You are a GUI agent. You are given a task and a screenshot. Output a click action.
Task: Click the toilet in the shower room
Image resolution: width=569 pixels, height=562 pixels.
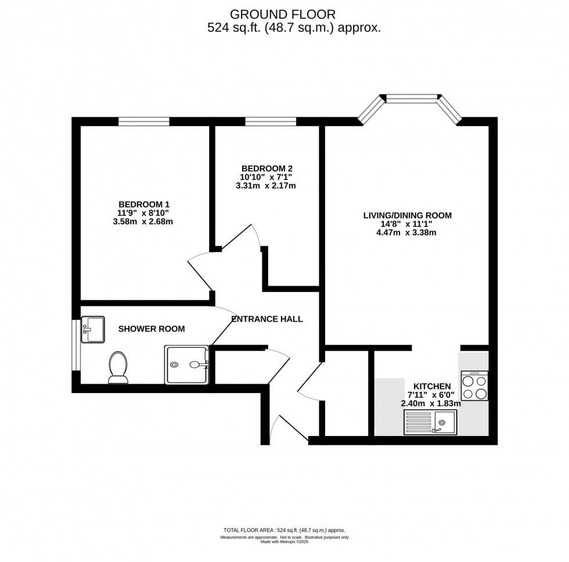(118, 368)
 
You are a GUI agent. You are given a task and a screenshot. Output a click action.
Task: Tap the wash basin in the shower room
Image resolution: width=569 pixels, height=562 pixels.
(92, 329)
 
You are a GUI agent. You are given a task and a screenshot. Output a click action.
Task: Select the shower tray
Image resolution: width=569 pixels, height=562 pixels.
(187, 365)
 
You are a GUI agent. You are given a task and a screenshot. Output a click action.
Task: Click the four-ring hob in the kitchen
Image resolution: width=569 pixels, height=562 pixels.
(474, 386)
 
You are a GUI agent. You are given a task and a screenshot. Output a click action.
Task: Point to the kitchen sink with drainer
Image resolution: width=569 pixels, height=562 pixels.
(430, 423)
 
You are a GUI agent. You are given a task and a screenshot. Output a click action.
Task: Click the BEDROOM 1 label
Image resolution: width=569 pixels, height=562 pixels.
(144, 204)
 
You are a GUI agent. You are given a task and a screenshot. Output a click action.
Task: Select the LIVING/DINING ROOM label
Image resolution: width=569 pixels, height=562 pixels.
(407, 215)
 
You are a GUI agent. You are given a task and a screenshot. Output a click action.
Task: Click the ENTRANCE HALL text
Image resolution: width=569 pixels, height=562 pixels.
(267, 319)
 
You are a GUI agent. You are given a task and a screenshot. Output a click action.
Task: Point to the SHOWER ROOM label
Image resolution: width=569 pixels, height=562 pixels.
(152, 329)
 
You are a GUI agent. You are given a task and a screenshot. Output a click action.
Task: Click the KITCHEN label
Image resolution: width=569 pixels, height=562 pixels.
(432, 386)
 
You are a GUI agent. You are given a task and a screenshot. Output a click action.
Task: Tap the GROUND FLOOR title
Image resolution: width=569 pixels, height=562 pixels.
(283, 14)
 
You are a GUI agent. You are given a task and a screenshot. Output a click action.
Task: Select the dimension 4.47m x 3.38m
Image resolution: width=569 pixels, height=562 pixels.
(406, 232)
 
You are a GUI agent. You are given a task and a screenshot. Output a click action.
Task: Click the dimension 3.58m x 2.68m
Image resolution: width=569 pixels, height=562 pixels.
(144, 221)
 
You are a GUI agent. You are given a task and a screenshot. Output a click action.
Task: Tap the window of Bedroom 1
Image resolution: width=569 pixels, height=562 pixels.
(144, 121)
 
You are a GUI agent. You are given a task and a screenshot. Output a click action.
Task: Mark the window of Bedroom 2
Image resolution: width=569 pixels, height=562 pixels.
(270, 121)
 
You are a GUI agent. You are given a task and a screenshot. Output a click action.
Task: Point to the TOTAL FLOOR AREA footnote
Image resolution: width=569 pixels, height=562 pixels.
(284, 531)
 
